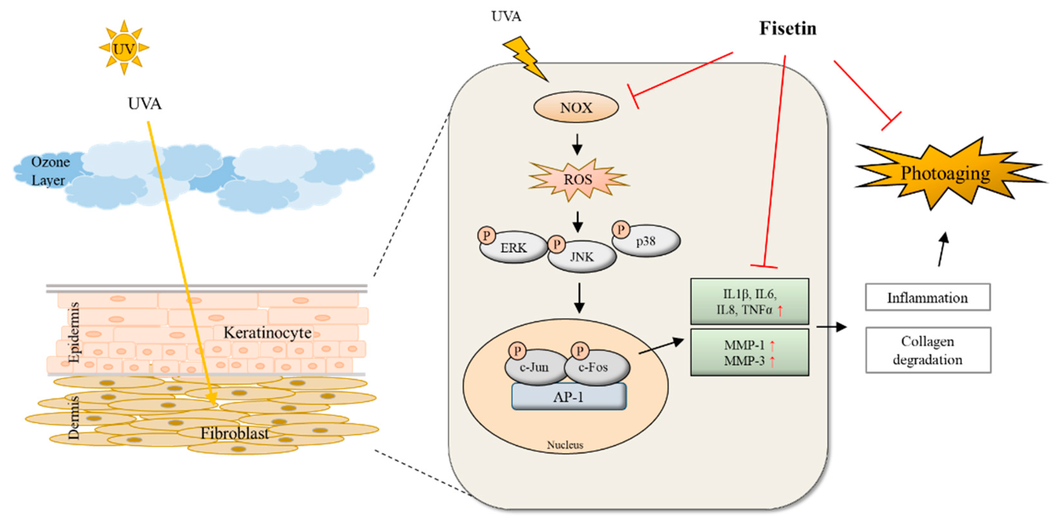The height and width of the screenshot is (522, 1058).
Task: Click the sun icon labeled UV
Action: click(x=123, y=48)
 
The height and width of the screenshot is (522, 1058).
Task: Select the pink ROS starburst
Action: click(x=578, y=180)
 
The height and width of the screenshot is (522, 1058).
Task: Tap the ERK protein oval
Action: click(x=513, y=248)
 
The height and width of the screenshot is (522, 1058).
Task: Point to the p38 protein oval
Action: click(x=646, y=241)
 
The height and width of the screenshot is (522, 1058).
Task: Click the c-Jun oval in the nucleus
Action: click(x=534, y=367)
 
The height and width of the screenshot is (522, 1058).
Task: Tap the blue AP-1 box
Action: click(x=569, y=397)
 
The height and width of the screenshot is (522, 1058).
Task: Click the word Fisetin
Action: click(x=787, y=28)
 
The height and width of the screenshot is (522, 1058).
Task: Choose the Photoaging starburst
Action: click(x=945, y=173)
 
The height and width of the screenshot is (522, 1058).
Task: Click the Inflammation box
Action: click(x=927, y=297)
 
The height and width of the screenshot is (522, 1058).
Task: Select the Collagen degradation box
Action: click(x=928, y=350)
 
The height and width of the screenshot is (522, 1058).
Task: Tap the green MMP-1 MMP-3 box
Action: click(x=749, y=352)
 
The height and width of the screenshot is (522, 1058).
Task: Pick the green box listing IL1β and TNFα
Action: click(x=749, y=301)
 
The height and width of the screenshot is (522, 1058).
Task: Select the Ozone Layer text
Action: click(x=49, y=171)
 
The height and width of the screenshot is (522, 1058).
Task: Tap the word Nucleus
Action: click(x=565, y=445)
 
